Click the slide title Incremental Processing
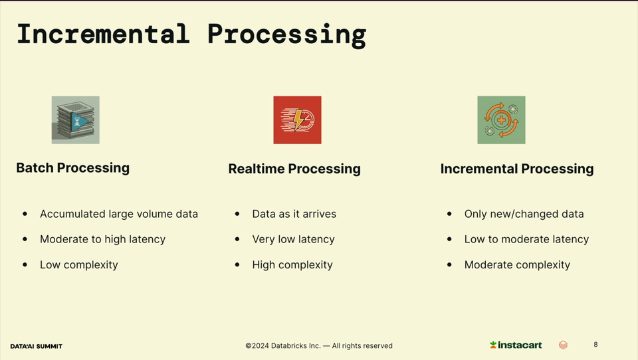(x=191, y=35)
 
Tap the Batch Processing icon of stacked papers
(x=75, y=120)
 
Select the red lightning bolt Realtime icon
(x=298, y=120)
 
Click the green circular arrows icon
(x=501, y=120)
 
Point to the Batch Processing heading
(x=73, y=168)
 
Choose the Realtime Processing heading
(x=294, y=169)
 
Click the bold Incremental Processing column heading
(x=517, y=169)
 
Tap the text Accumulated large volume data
(x=119, y=214)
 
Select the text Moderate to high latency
(x=102, y=239)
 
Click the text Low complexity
(x=79, y=265)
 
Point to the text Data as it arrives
(x=294, y=214)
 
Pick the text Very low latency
(x=293, y=239)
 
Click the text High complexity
(x=292, y=265)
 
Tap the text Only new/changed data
(x=524, y=214)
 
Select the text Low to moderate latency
(x=526, y=239)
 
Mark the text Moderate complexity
(x=517, y=265)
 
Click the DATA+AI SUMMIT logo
(x=36, y=346)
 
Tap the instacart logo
(x=516, y=345)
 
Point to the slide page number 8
(x=595, y=345)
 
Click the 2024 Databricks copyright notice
(x=319, y=346)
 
